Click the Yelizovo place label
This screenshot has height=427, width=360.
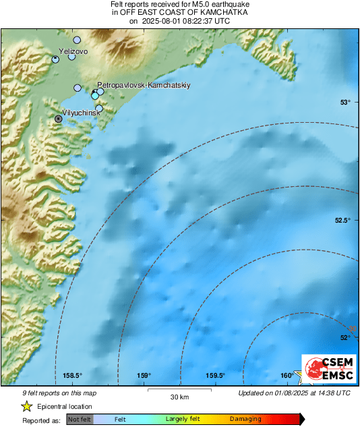[73, 51]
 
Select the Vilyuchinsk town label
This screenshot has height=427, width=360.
[82, 112]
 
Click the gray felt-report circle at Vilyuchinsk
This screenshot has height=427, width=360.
[59, 119]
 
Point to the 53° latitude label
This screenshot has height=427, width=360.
[345, 103]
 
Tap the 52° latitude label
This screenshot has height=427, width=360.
[345, 338]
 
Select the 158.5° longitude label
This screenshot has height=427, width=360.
[72, 376]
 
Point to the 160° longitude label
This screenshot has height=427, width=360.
[287, 376]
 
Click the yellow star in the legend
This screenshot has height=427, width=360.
[26, 407]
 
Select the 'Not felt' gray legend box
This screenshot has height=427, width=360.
[80, 420]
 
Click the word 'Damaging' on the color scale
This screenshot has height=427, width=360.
[245, 420]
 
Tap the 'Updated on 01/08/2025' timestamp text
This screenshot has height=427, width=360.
[294, 393]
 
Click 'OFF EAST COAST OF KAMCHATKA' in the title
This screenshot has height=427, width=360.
[179, 13]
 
